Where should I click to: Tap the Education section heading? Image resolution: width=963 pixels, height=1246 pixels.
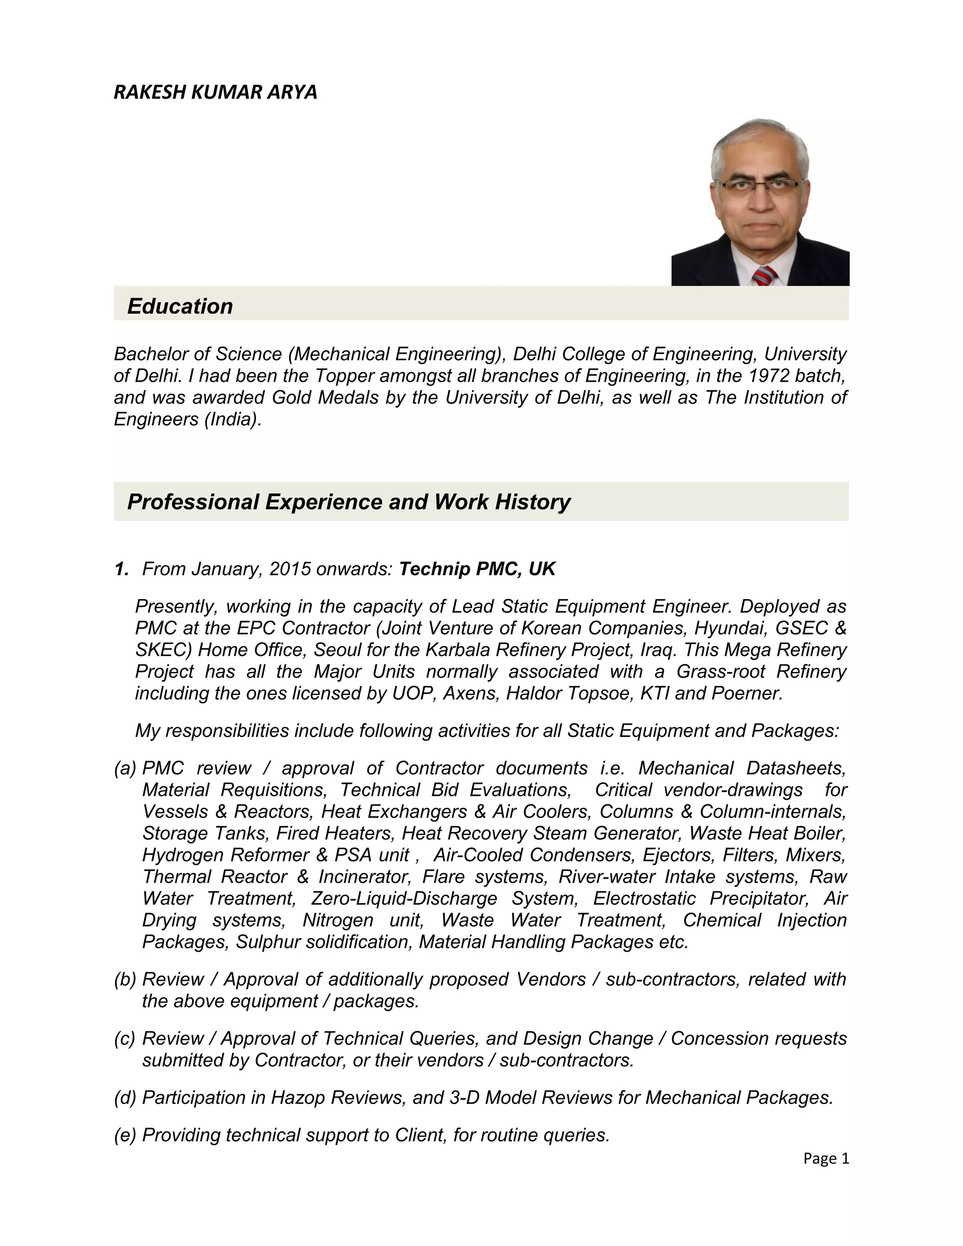point(180,307)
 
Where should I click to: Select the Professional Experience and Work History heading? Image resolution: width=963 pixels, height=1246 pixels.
point(348,502)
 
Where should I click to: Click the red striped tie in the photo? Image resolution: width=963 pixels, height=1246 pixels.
point(765,276)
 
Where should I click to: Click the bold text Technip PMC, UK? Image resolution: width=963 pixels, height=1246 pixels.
point(477,569)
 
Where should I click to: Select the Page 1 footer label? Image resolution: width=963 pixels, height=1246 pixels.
point(826,1159)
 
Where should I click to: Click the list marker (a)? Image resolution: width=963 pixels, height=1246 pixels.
point(125,768)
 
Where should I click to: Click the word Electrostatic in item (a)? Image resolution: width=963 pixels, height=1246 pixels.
point(644,899)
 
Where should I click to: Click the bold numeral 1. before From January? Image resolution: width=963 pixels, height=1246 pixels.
point(121,569)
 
